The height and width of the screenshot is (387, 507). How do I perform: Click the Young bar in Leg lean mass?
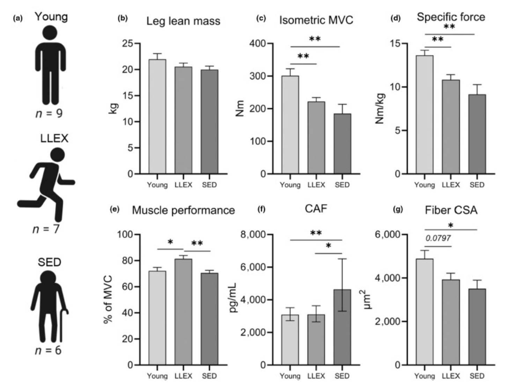coord(157,117)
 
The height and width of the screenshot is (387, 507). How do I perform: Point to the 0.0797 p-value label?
coord(438,238)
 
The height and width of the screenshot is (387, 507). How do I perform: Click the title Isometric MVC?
coord(316,20)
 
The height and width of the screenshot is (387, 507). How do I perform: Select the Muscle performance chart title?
coord(183,210)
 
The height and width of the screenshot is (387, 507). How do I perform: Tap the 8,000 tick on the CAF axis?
coord(253,235)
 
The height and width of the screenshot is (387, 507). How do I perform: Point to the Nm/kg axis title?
coord(380,109)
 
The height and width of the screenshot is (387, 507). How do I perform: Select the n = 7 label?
coord(46,229)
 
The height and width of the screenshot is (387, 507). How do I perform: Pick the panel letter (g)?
coord(398,209)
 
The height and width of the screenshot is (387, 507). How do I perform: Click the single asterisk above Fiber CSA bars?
coord(451,226)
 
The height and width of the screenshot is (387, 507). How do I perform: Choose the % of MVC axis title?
coord(108,299)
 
